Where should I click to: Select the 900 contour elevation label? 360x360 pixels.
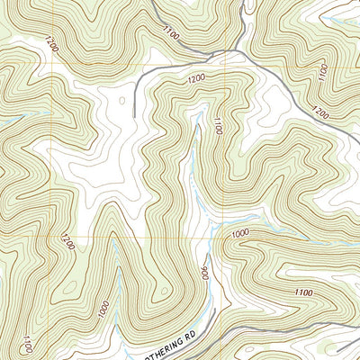coord(205,273)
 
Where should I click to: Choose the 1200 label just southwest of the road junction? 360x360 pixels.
coord(197,79)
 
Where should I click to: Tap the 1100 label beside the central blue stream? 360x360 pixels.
coord(216,126)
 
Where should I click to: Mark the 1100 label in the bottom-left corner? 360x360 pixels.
coord(29,343)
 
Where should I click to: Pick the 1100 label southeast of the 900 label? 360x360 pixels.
coord(304,292)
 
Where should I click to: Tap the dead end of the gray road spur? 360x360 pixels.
coord(135,115)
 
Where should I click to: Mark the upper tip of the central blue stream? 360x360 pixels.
coord(197,126)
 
